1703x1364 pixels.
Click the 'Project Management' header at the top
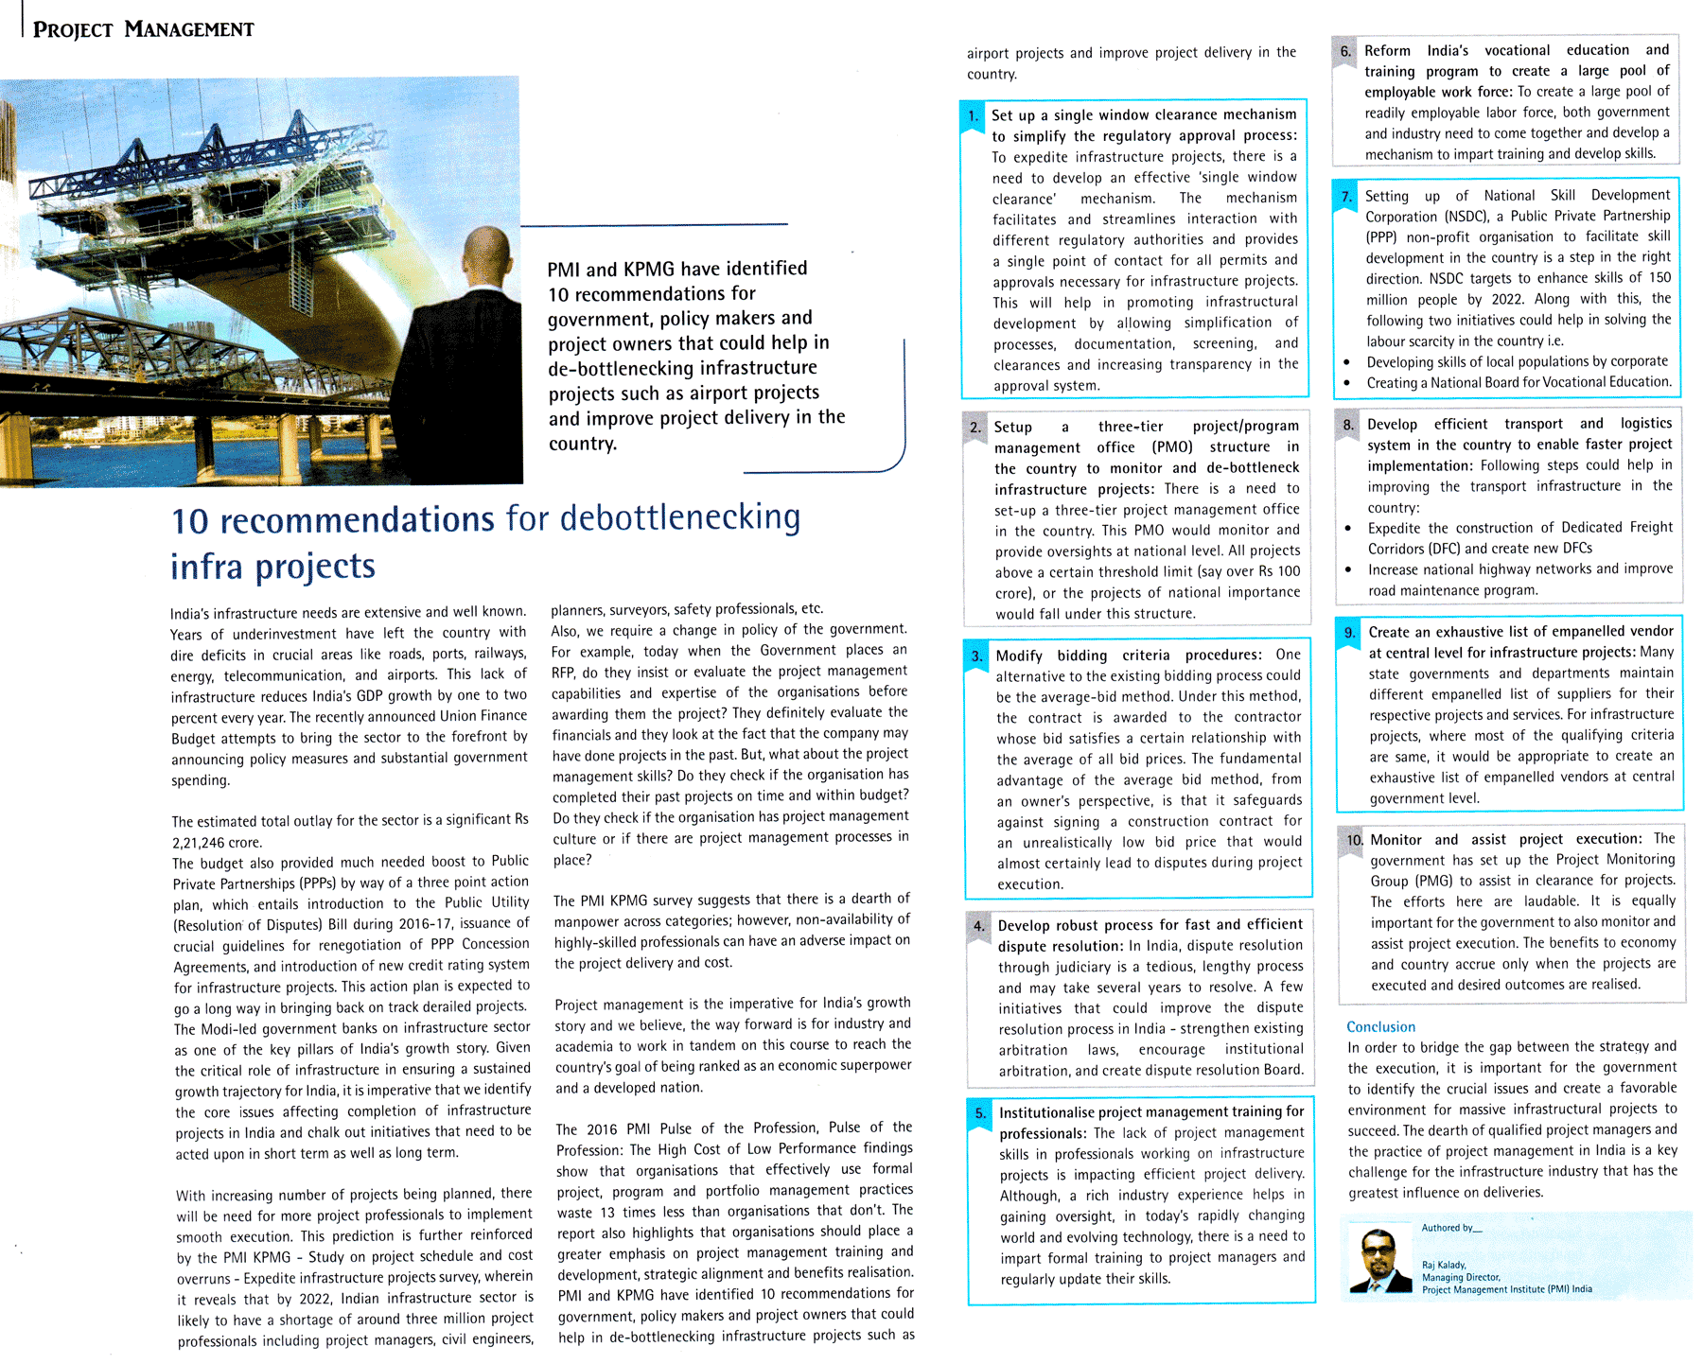pyautogui.click(x=143, y=29)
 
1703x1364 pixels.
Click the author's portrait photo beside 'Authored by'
pyautogui.click(x=1378, y=1260)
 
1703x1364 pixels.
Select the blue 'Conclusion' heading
pyautogui.click(x=1380, y=1026)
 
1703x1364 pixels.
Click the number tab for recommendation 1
pyautogui.click(x=973, y=116)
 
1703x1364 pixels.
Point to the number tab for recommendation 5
pyautogui.click(x=980, y=1113)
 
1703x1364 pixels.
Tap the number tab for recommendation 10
pyautogui.click(x=1354, y=840)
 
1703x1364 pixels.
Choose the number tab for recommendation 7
pyautogui.click(x=1346, y=197)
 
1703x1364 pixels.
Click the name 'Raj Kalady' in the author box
pyautogui.click(x=1444, y=1265)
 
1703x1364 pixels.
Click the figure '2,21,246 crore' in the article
pyautogui.click(x=217, y=842)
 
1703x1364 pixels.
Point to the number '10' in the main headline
pyautogui.click(x=189, y=522)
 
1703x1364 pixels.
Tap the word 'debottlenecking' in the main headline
pyautogui.click(x=679, y=518)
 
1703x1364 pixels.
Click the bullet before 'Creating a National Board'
pyautogui.click(x=1347, y=383)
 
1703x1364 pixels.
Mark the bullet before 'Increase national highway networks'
pyautogui.click(x=1348, y=569)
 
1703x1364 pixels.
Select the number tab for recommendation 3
pyautogui.click(x=976, y=656)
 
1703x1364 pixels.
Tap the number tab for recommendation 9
pyautogui.click(x=1350, y=633)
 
